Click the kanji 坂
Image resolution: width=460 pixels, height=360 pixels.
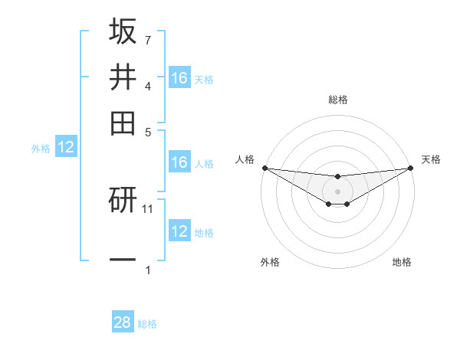click(123, 32)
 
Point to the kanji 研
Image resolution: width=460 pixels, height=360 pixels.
click(123, 201)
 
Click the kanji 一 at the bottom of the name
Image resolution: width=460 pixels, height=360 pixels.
click(123, 260)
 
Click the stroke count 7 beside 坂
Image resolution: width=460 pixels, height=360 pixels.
click(148, 40)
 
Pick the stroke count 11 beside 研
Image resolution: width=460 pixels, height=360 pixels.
click(148, 208)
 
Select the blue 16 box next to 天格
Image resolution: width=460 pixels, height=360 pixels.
click(179, 77)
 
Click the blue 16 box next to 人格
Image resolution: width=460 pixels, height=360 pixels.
click(179, 162)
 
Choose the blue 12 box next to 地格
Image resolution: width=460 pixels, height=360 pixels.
click(179, 231)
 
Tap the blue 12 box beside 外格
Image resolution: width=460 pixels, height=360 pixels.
click(66, 148)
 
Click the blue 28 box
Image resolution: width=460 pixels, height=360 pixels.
click(123, 322)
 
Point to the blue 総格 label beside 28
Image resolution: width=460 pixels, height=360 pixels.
click(147, 324)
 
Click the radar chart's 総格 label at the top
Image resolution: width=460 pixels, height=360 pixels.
click(338, 100)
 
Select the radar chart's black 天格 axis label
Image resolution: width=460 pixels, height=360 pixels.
click(432, 159)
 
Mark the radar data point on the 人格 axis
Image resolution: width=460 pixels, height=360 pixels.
click(264, 168)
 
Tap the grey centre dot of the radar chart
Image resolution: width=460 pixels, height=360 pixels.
click(338, 191)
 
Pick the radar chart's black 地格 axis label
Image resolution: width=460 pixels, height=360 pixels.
click(402, 262)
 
